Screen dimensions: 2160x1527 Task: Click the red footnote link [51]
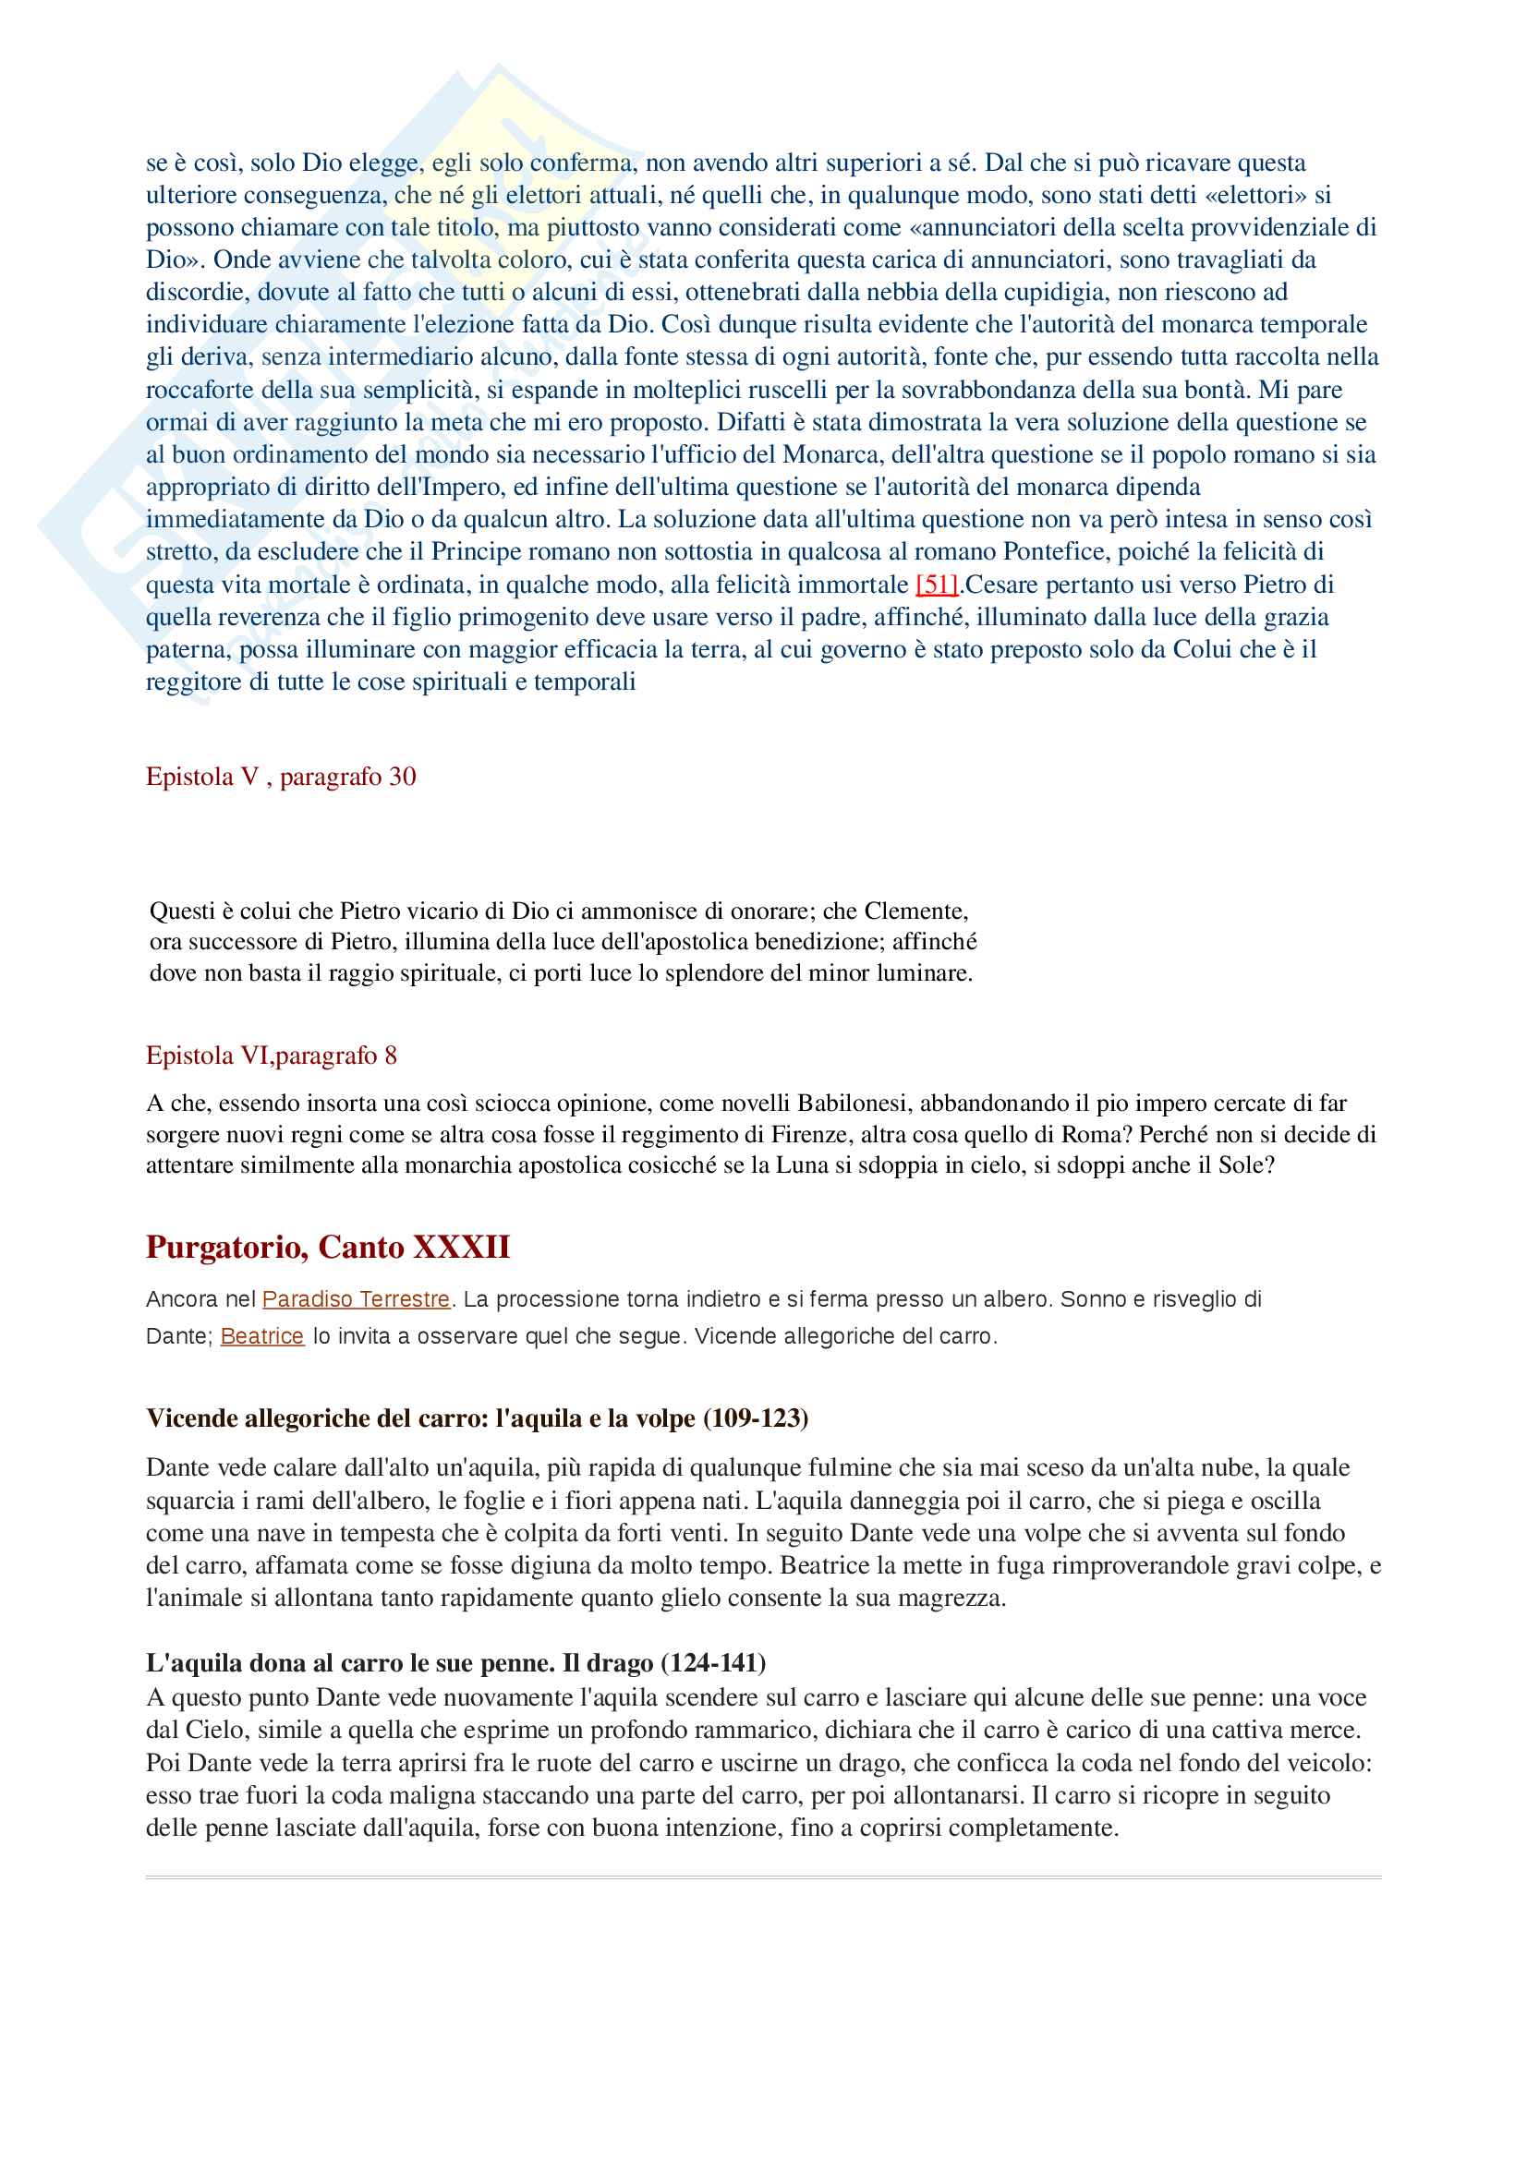(937, 585)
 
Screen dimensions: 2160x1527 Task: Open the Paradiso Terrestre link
(356, 1299)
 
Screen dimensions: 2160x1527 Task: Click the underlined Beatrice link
(261, 1336)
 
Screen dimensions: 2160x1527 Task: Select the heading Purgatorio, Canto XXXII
(327, 1247)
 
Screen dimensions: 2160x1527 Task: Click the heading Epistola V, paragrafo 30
(281, 776)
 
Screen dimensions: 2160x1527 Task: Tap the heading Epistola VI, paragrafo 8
(271, 1056)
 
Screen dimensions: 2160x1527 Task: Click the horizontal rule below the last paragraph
(763, 1876)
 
